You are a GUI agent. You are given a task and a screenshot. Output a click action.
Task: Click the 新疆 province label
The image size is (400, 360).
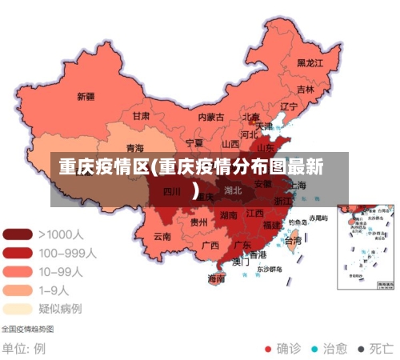pos(86,97)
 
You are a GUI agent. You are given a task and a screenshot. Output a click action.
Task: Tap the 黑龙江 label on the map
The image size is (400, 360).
pos(310,62)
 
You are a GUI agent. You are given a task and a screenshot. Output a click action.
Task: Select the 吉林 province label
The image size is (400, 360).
pos(305,90)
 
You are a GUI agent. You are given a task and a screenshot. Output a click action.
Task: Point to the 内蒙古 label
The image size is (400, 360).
pos(211,117)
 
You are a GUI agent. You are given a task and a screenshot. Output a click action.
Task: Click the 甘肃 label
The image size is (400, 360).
pos(141,116)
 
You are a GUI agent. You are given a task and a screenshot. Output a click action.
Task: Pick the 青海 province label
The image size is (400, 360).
pos(135,148)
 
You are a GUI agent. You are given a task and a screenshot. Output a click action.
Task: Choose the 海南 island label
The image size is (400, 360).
pos(216,279)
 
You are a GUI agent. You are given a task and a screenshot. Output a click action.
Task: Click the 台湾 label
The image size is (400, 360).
pos(294,240)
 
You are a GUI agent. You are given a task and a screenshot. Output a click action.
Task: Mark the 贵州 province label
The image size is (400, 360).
pos(199,222)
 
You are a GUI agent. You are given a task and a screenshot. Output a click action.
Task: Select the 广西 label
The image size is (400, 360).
pos(210,245)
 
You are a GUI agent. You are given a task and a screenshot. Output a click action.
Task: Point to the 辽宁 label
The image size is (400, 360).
pos(289,106)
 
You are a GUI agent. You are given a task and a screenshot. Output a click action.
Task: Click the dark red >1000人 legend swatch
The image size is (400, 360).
pos(18,235)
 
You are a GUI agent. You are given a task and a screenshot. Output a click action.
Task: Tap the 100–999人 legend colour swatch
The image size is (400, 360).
pos(18,253)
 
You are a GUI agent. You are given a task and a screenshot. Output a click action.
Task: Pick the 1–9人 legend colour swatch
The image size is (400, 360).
pos(18,290)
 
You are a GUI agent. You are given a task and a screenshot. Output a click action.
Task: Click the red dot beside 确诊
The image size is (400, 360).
pos(267,349)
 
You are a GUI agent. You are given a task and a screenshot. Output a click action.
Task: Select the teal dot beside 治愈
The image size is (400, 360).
pos(314,349)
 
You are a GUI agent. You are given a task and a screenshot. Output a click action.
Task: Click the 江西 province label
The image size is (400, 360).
pos(255,214)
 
